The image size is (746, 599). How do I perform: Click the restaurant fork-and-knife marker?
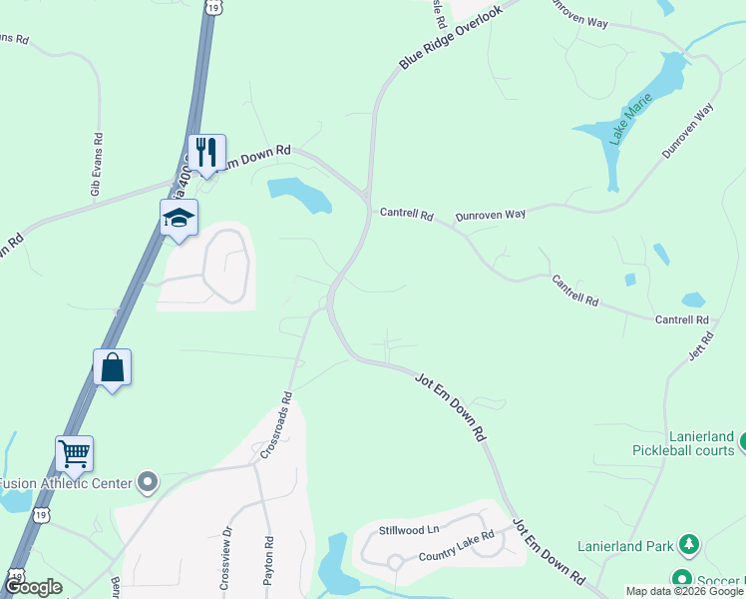(x=206, y=153)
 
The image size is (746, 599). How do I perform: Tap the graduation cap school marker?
(x=180, y=218)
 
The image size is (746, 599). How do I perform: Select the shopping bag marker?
(x=113, y=367)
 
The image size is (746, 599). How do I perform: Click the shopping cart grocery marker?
(x=75, y=454)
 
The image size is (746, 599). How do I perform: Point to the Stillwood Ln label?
(x=408, y=529)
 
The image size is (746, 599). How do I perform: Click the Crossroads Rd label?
(x=276, y=424)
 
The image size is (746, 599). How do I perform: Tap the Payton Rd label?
(x=268, y=565)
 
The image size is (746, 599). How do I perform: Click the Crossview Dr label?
(x=226, y=560)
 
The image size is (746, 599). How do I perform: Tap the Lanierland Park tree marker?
(x=687, y=545)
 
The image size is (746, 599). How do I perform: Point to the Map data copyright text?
(x=684, y=591)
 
